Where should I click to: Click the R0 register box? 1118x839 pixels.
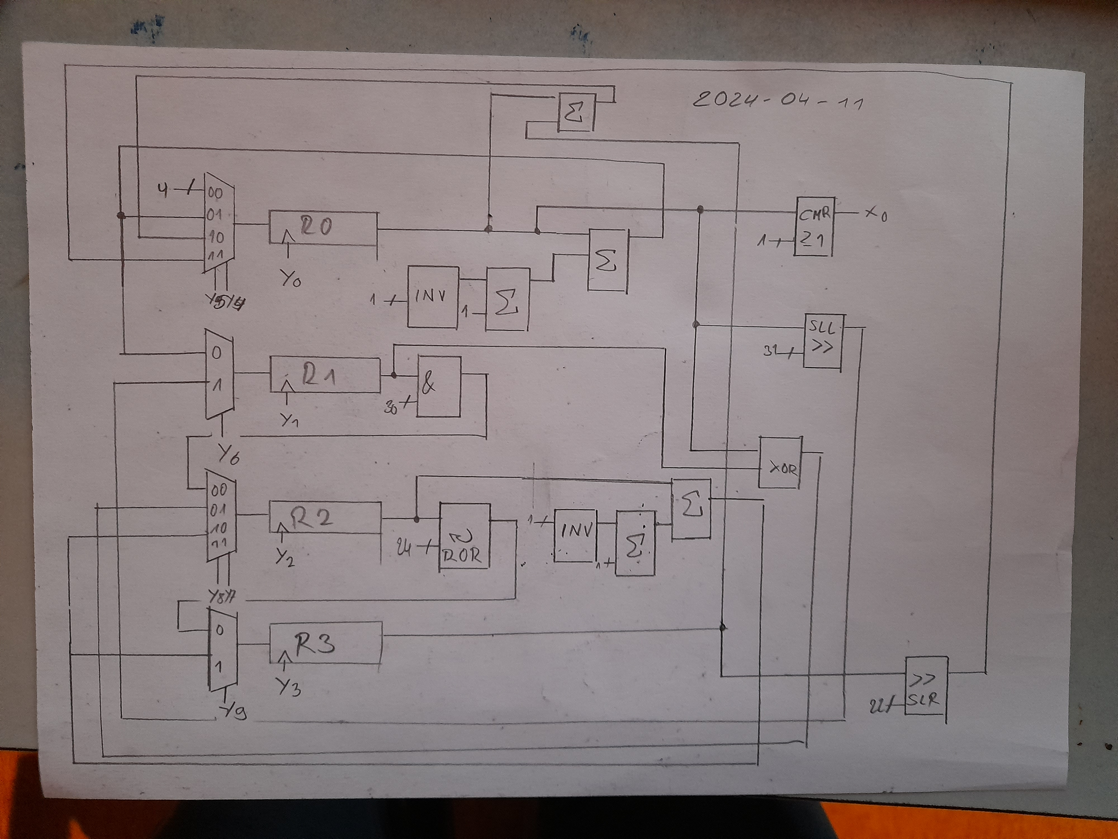pyautogui.click(x=323, y=228)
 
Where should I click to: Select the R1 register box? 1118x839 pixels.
pyautogui.click(x=325, y=375)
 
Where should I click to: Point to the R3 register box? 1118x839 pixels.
pyautogui.click(x=325, y=643)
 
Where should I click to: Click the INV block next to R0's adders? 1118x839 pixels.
pyautogui.click(x=433, y=296)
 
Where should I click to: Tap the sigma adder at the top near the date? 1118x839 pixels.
pyautogui.click(x=576, y=112)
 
